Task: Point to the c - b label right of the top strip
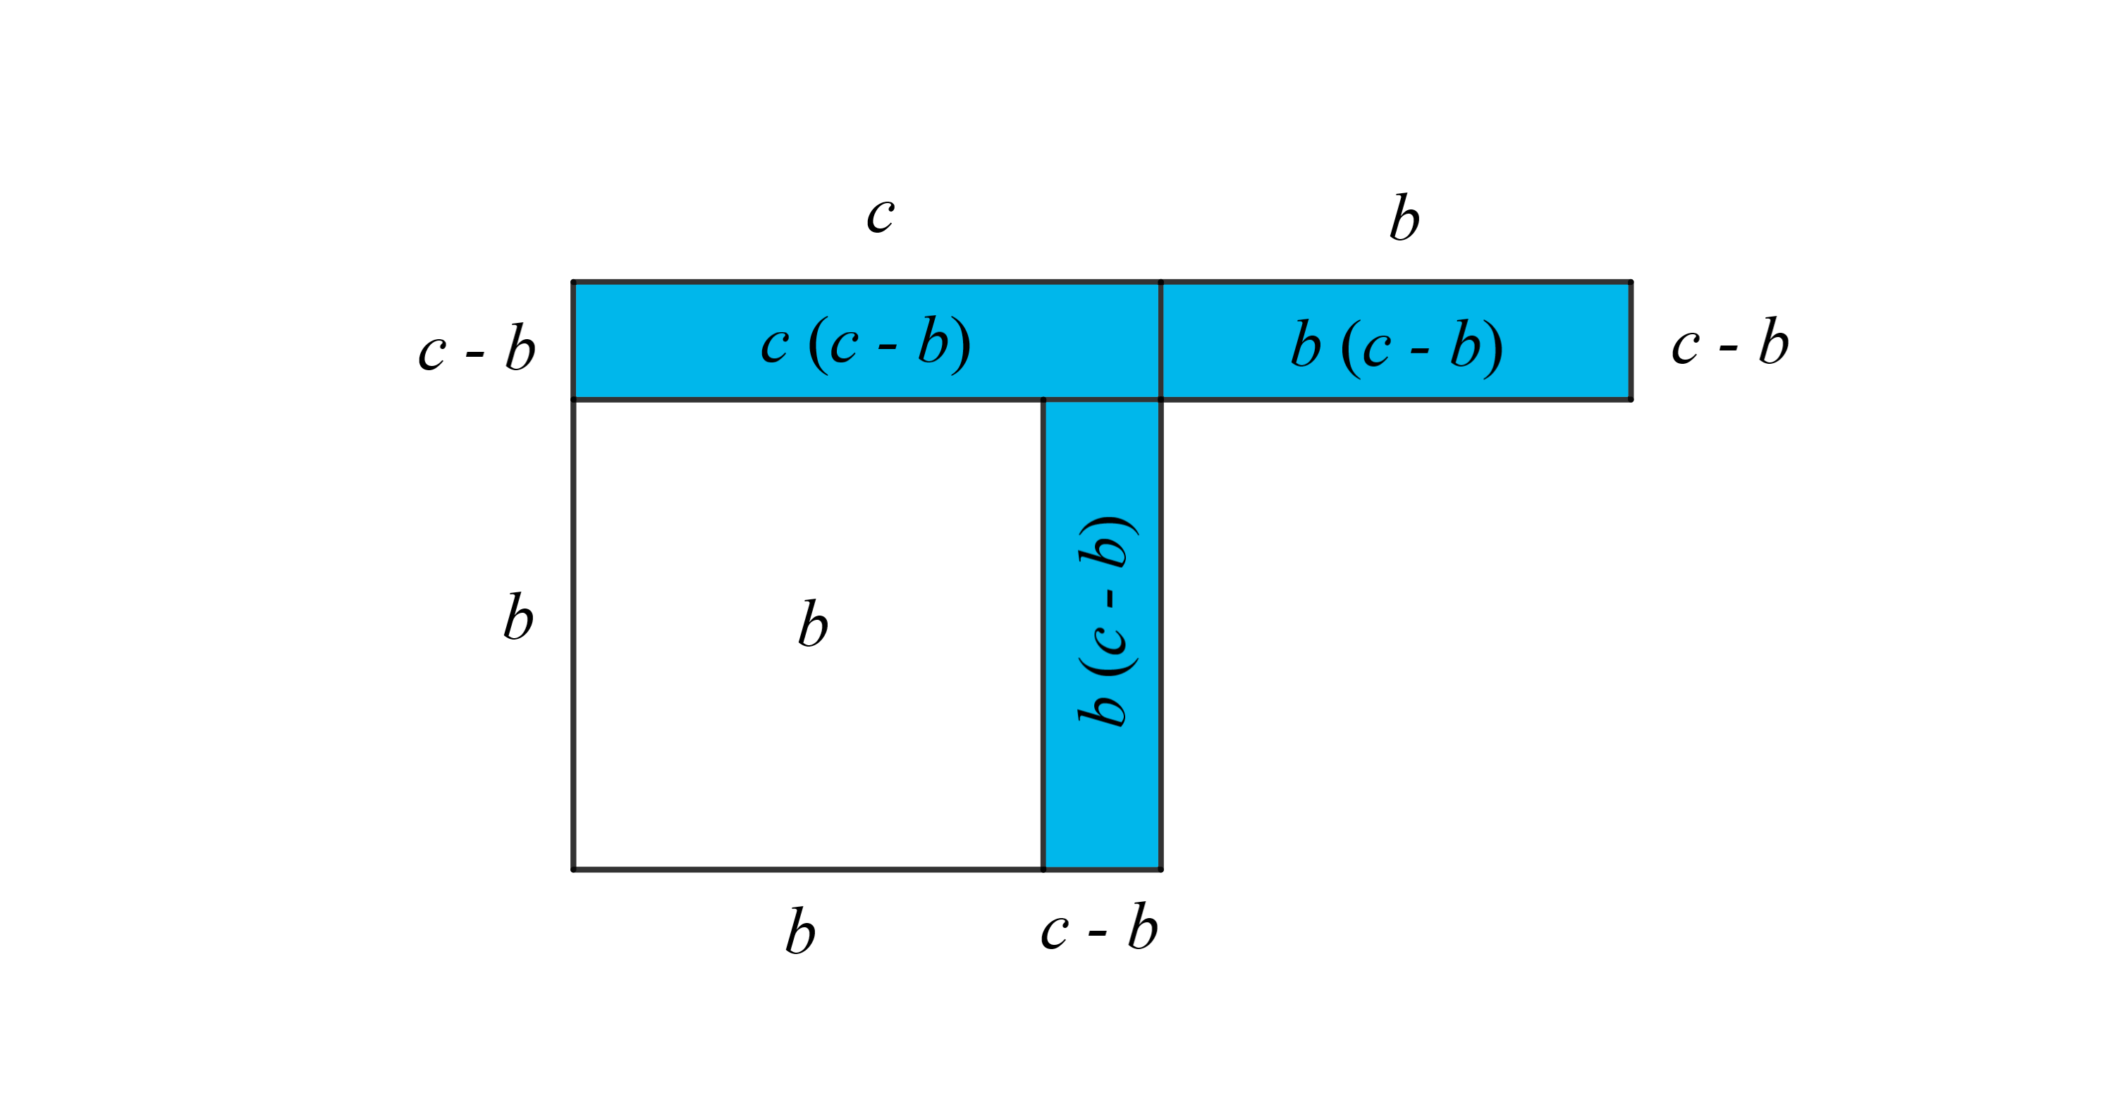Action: (1730, 341)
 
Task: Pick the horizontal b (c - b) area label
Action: (1397, 345)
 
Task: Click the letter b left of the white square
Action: (518, 616)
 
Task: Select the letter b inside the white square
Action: (813, 623)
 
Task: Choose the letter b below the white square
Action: (799, 931)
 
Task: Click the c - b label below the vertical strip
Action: (1098, 929)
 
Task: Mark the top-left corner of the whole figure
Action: (573, 282)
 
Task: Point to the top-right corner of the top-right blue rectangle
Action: (1631, 282)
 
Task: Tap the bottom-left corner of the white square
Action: (573, 869)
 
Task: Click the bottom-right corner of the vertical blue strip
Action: (1161, 869)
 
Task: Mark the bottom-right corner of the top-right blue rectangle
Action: (1631, 400)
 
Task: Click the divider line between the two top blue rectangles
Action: (1161, 341)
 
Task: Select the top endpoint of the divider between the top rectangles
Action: (1161, 282)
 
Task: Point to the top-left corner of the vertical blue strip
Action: (1043, 400)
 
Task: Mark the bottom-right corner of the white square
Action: (1043, 869)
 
